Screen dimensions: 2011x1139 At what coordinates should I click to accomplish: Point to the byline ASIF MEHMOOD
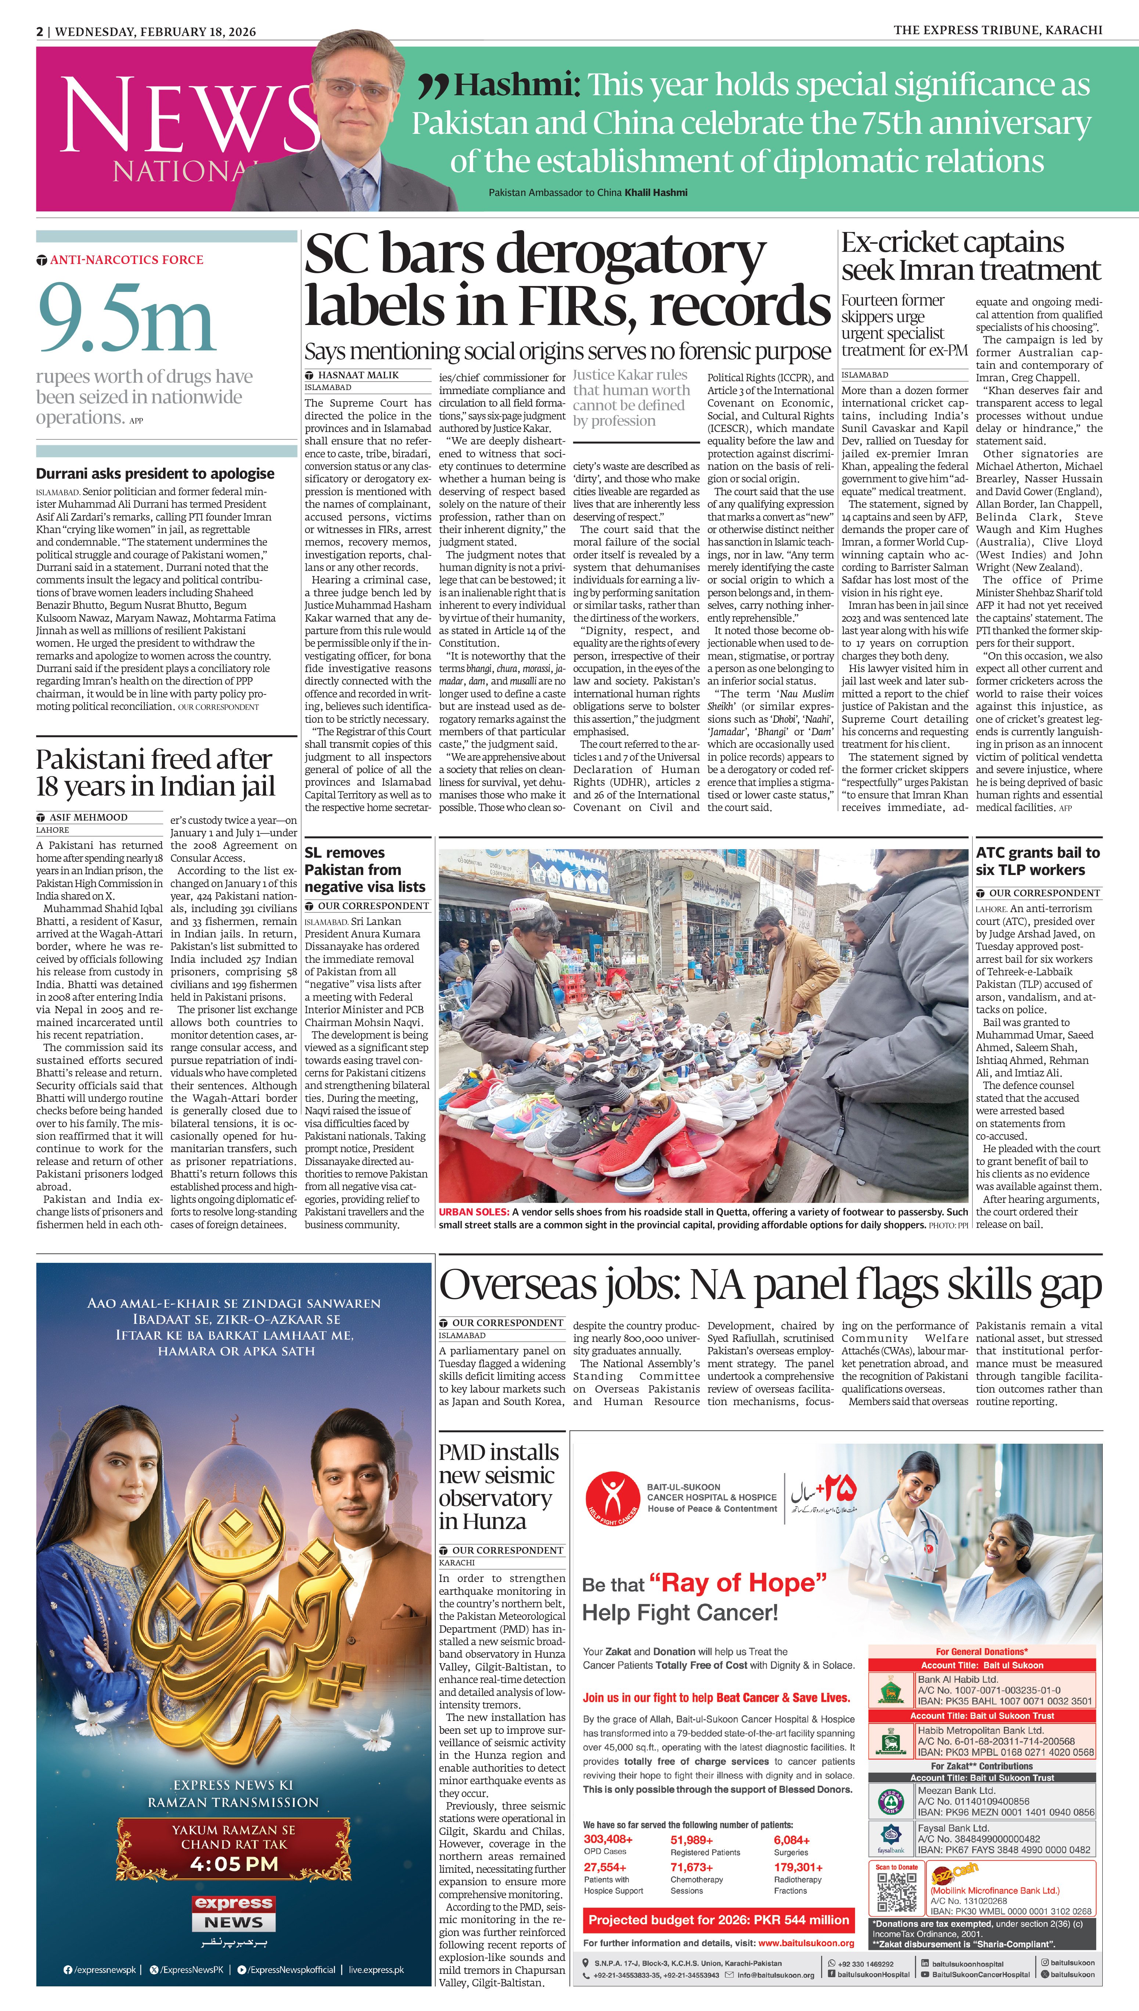click(89, 817)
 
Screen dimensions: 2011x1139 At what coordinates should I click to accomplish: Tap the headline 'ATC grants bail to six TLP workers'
click(1037, 861)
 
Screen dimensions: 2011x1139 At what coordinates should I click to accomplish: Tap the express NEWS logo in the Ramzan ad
click(234, 1912)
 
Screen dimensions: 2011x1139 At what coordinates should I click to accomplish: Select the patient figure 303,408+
click(608, 1839)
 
